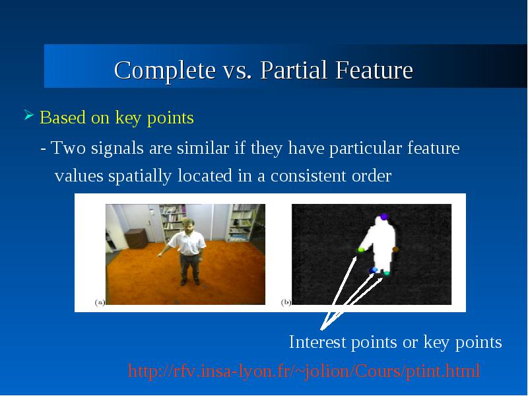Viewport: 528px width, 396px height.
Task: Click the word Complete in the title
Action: pyautogui.click(x=165, y=70)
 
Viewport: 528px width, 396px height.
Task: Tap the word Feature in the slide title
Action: pyautogui.click(x=374, y=70)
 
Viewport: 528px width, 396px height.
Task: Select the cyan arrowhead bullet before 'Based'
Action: pyautogui.click(x=29, y=115)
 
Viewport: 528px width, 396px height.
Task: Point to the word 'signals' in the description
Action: pyautogui.click(x=117, y=148)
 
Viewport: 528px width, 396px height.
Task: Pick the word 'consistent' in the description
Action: pyautogui.click(x=308, y=176)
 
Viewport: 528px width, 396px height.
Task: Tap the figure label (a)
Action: pyautogui.click(x=100, y=302)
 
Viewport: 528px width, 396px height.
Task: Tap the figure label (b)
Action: pyautogui.click(x=286, y=302)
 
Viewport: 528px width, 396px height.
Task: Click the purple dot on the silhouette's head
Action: pyautogui.click(x=384, y=217)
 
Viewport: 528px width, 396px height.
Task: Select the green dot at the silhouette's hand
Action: pyautogui.click(x=360, y=250)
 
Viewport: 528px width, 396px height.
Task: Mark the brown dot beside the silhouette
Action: pyautogui.click(x=395, y=249)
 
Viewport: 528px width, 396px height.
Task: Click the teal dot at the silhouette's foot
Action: pyautogui.click(x=387, y=273)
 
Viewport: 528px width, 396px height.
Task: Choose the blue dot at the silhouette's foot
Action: pyautogui.click(x=374, y=270)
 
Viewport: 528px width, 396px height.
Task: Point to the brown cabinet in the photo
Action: pyautogui.click(x=136, y=238)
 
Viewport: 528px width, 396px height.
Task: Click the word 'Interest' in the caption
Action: pyautogui.click(x=317, y=342)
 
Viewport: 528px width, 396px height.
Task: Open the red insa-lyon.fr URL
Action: pyautogui.click(x=304, y=371)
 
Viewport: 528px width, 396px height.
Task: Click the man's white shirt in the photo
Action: pyautogui.click(x=187, y=243)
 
